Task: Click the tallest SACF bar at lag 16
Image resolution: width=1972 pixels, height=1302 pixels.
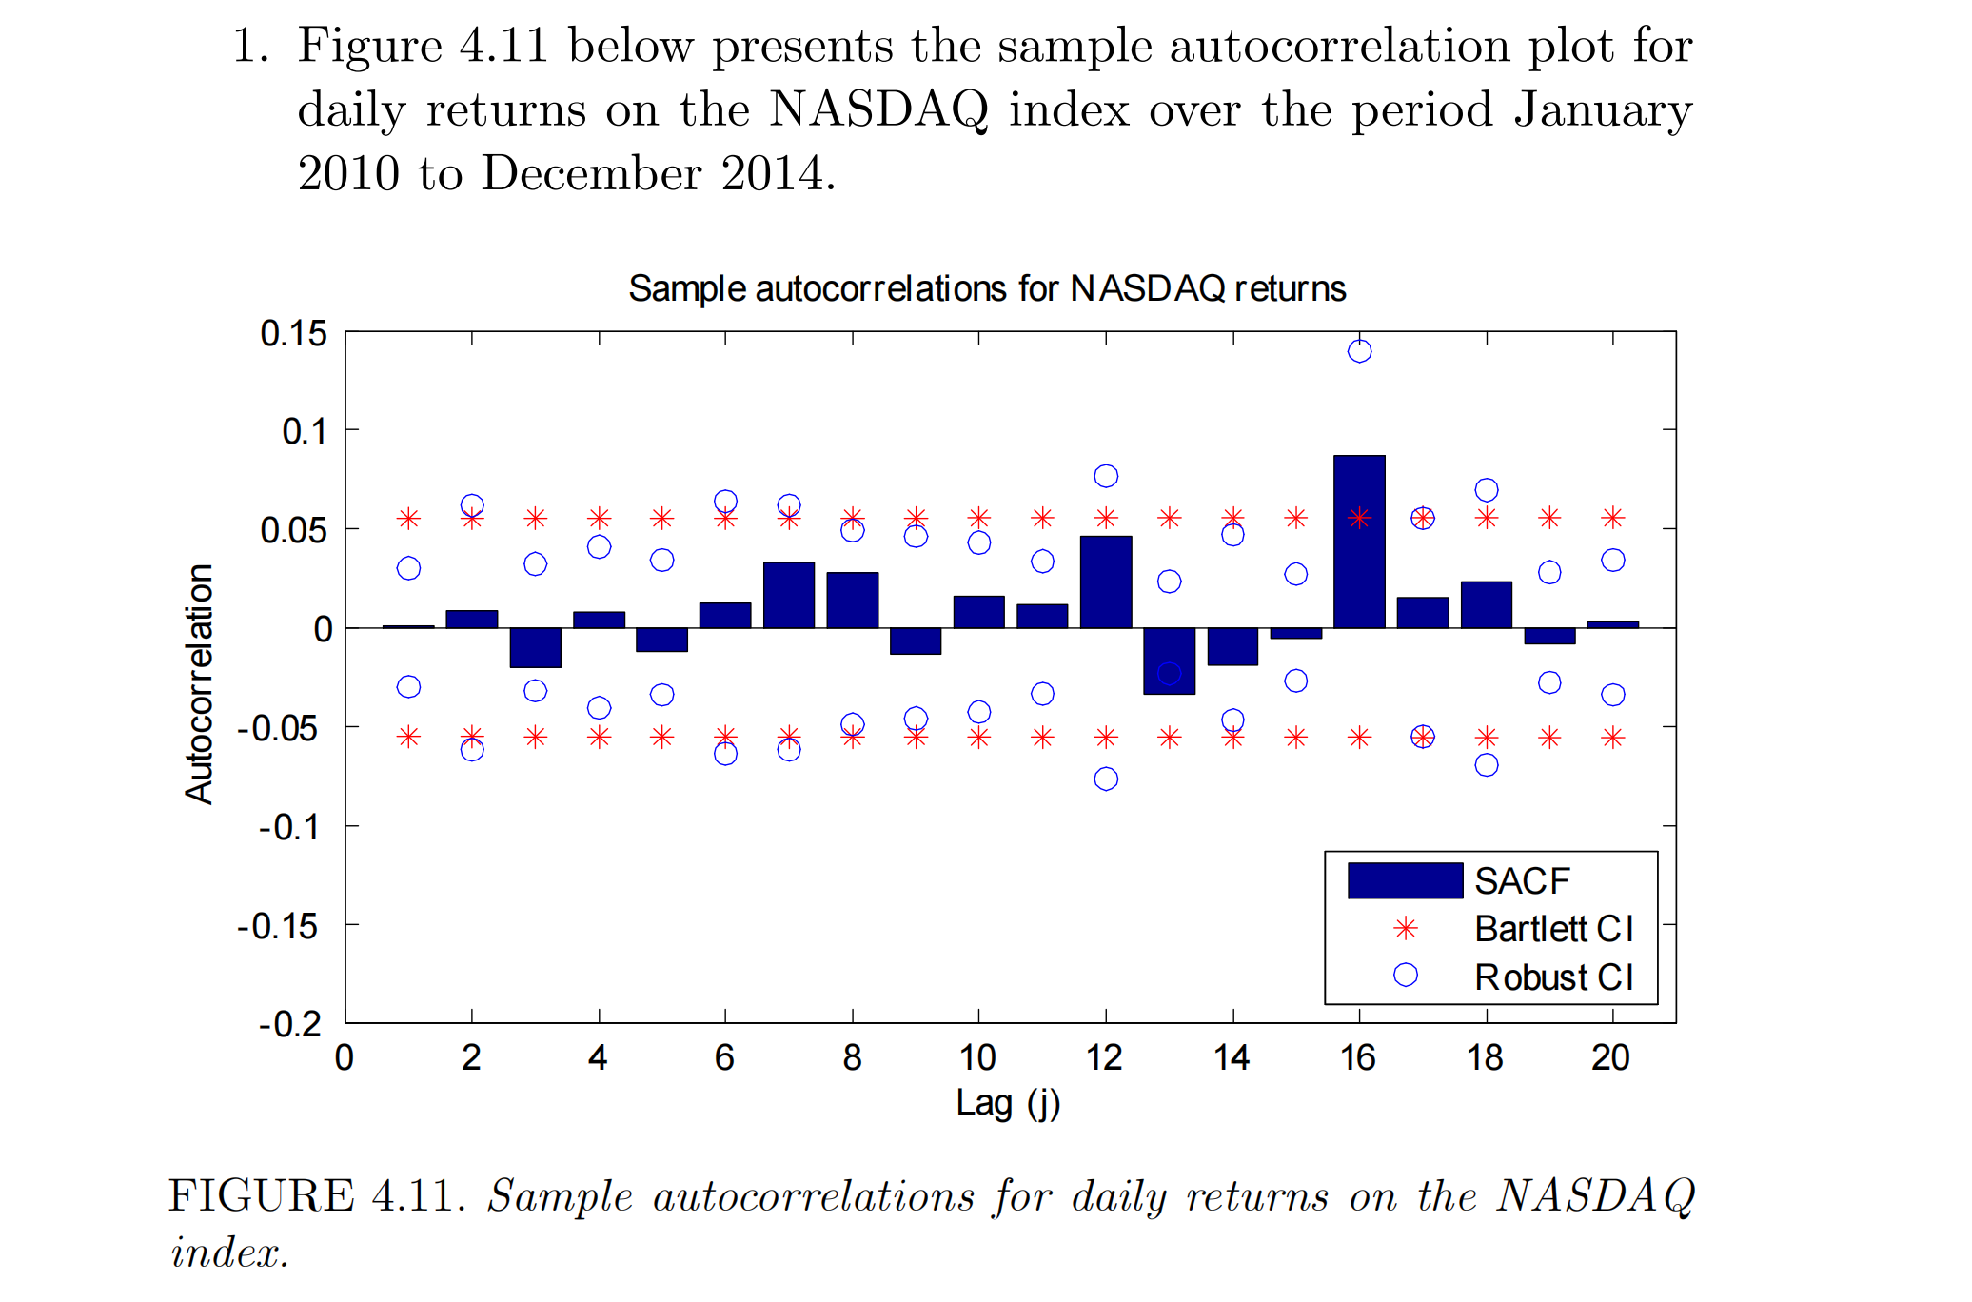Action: pyautogui.click(x=1359, y=542)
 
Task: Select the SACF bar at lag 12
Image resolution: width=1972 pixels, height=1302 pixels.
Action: pyautogui.click(x=1106, y=582)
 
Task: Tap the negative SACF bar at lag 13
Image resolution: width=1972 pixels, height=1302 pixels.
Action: pyautogui.click(x=1169, y=661)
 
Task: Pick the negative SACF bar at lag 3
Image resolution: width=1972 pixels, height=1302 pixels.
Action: pyautogui.click(x=535, y=647)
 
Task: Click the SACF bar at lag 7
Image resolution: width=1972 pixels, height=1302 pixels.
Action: pyautogui.click(x=789, y=595)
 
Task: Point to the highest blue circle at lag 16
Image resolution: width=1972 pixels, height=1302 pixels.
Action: pyautogui.click(x=1359, y=351)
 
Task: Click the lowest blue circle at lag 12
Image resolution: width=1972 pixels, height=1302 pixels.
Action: pyautogui.click(x=1106, y=779)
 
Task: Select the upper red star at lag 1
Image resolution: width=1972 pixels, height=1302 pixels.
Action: pyautogui.click(x=408, y=519)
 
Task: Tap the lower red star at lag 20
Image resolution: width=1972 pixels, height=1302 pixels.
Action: pyautogui.click(x=1612, y=738)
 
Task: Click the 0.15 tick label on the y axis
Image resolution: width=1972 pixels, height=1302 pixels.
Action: pyautogui.click(x=293, y=334)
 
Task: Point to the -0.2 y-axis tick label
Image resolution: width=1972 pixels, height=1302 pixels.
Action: pyautogui.click(x=289, y=1024)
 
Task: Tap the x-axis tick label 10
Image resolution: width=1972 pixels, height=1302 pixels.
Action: pyautogui.click(x=977, y=1057)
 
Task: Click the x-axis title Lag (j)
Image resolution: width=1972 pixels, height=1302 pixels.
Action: pyautogui.click(x=1008, y=1103)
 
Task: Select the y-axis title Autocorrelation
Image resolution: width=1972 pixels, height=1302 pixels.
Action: pyautogui.click(x=200, y=683)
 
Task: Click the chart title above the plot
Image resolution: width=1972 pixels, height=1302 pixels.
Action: pyautogui.click(x=987, y=288)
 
